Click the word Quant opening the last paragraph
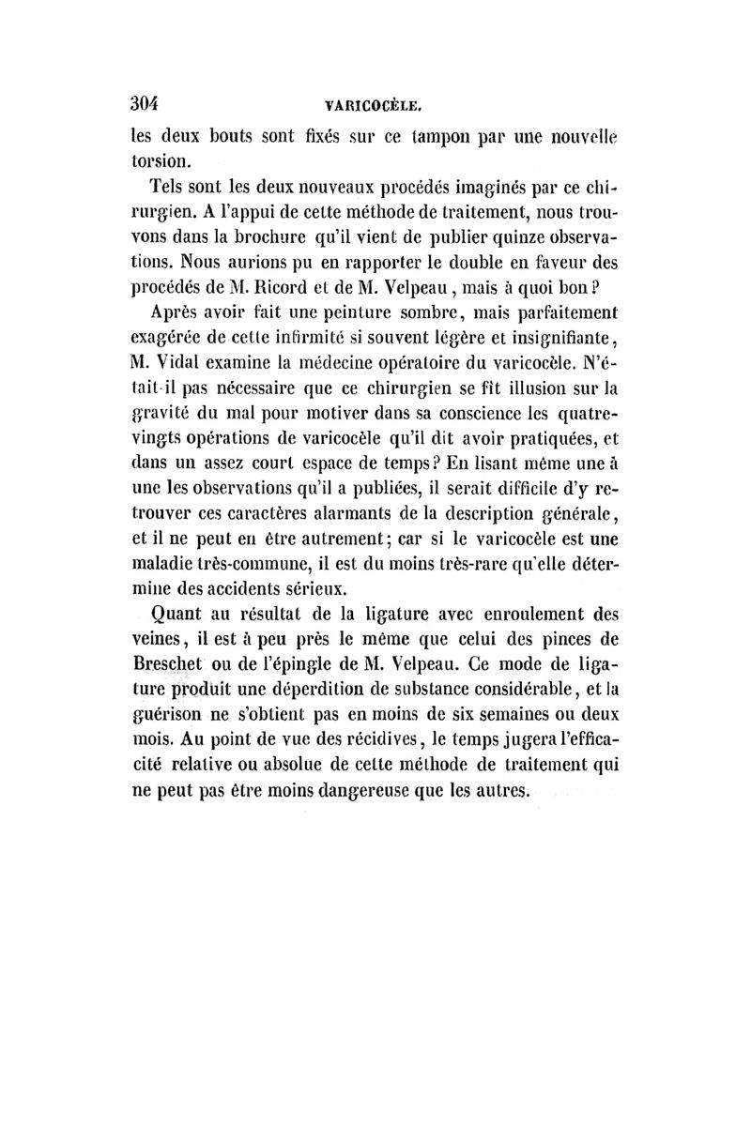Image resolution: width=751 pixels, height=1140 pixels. click(178, 616)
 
